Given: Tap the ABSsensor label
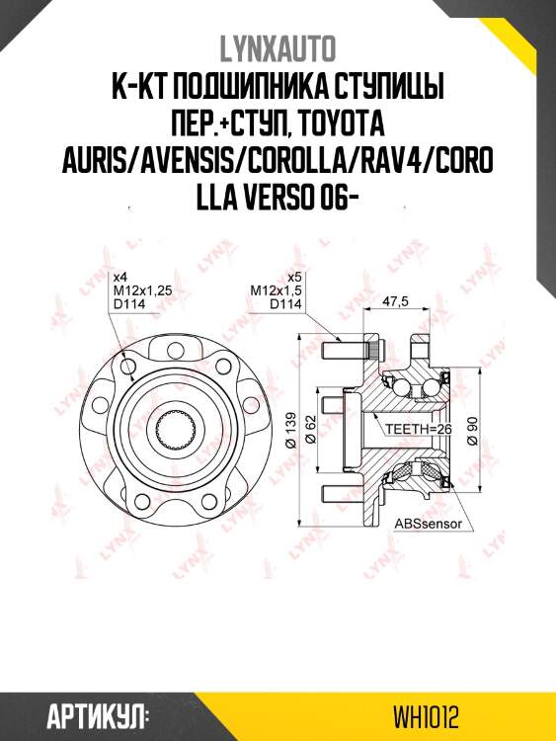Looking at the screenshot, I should pos(429,523).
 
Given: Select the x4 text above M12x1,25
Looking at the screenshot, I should pos(121,277).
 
